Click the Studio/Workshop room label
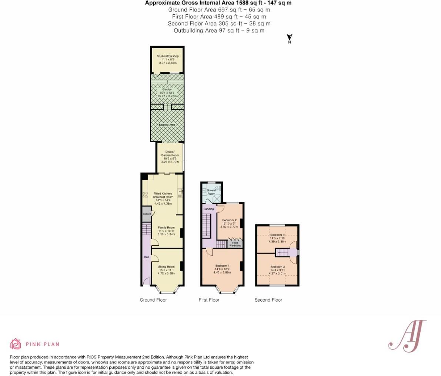click(167, 56)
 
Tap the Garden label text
click(167, 90)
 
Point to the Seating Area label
click(167, 125)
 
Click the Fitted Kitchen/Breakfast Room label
click(163, 195)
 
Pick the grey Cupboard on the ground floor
click(147, 214)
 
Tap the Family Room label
click(166, 228)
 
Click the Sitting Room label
click(166, 267)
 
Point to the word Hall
click(146, 257)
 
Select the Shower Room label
click(211, 192)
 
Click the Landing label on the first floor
click(209, 209)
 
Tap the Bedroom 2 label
click(229, 221)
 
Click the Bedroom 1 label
click(222, 266)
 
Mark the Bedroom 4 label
click(277, 235)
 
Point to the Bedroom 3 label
click(277, 267)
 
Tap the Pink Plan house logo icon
click(16, 344)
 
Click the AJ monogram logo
click(407, 336)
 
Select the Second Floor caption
click(268, 300)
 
